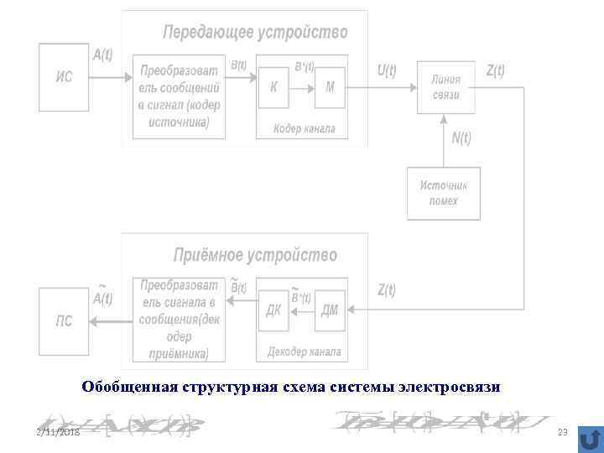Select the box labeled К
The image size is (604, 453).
click(x=273, y=87)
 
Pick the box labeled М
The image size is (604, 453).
click(x=330, y=87)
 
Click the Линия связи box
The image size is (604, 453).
click(x=446, y=88)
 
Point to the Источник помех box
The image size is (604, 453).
click(x=444, y=194)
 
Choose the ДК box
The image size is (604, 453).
click(x=273, y=310)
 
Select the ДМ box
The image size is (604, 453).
click(x=330, y=310)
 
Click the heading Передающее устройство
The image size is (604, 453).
click(x=255, y=33)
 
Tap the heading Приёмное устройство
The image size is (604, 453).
click(x=255, y=254)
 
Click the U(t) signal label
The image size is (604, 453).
click(x=387, y=71)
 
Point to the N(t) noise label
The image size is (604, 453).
click(x=461, y=138)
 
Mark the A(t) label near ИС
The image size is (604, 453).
click(x=102, y=55)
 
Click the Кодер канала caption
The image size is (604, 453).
click(x=304, y=128)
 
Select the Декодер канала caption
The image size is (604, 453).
click(x=304, y=351)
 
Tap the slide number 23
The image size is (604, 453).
click(x=562, y=432)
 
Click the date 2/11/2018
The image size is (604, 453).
click(x=58, y=432)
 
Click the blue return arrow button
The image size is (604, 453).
click(x=590, y=439)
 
